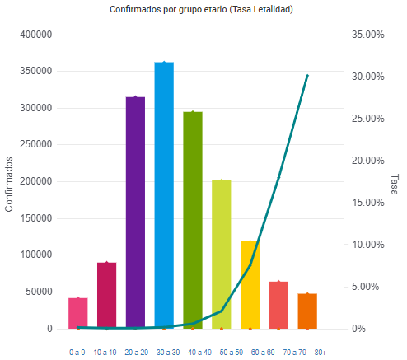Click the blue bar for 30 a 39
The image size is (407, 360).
(164, 195)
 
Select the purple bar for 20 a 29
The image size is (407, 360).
(135, 213)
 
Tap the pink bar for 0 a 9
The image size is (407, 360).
(78, 313)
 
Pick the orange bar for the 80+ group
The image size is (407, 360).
(307, 311)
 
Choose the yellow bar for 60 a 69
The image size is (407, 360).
(250, 285)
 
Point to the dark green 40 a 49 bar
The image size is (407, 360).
(193, 220)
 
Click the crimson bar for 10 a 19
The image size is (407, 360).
(107, 296)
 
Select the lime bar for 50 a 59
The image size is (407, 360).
(222, 255)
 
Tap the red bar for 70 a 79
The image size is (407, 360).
(278, 305)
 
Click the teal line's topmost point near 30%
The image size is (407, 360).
(307, 76)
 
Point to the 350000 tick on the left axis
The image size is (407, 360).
(36, 71)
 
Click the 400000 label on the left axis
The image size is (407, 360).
(36, 35)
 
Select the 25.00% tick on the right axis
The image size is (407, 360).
(368, 119)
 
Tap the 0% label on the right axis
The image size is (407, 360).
(358, 329)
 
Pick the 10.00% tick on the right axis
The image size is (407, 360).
(368, 245)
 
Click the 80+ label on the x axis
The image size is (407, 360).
(320, 353)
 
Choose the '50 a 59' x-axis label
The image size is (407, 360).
(232, 353)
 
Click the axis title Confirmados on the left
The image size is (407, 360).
(9, 185)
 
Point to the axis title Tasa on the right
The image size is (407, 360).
(395, 185)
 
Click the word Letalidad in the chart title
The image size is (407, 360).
(272, 9)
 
